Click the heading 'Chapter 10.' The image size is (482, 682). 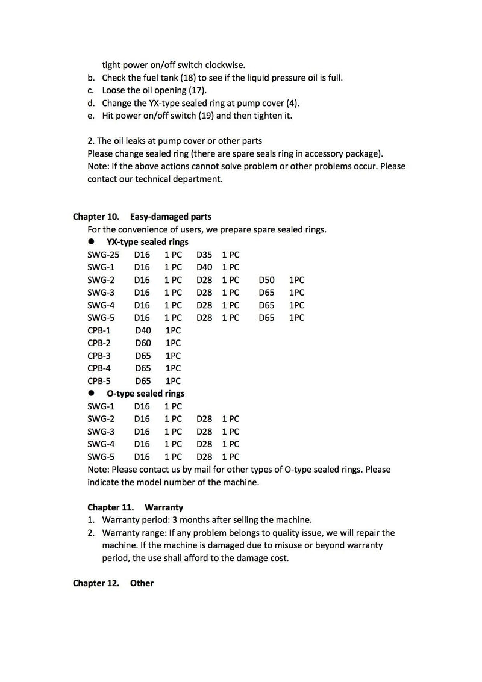pyautogui.click(x=96, y=217)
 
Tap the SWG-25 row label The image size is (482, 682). pyautogui.click(x=103, y=255)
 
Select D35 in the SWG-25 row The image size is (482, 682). pyautogui.click(x=204, y=255)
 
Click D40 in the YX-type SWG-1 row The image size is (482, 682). pyautogui.click(x=204, y=267)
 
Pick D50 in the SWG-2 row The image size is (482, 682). pyautogui.click(x=266, y=280)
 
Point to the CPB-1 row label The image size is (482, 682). pyautogui.click(x=99, y=330)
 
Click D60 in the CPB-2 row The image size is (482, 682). pyautogui.click(x=143, y=343)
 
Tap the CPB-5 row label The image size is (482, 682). pyautogui.click(x=99, y=381)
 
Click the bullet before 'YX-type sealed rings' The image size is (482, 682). pyautogui.click(x=92, y=242)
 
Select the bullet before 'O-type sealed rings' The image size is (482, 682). pyautogui.click(x=92, y=394)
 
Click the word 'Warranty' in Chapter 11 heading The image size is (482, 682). pyautogui.click(x=164, y=507)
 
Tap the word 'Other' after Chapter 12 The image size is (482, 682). pyautogui.click(x=142, y=583)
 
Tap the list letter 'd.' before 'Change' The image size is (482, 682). pyautogui.click(x=91, y=103)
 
